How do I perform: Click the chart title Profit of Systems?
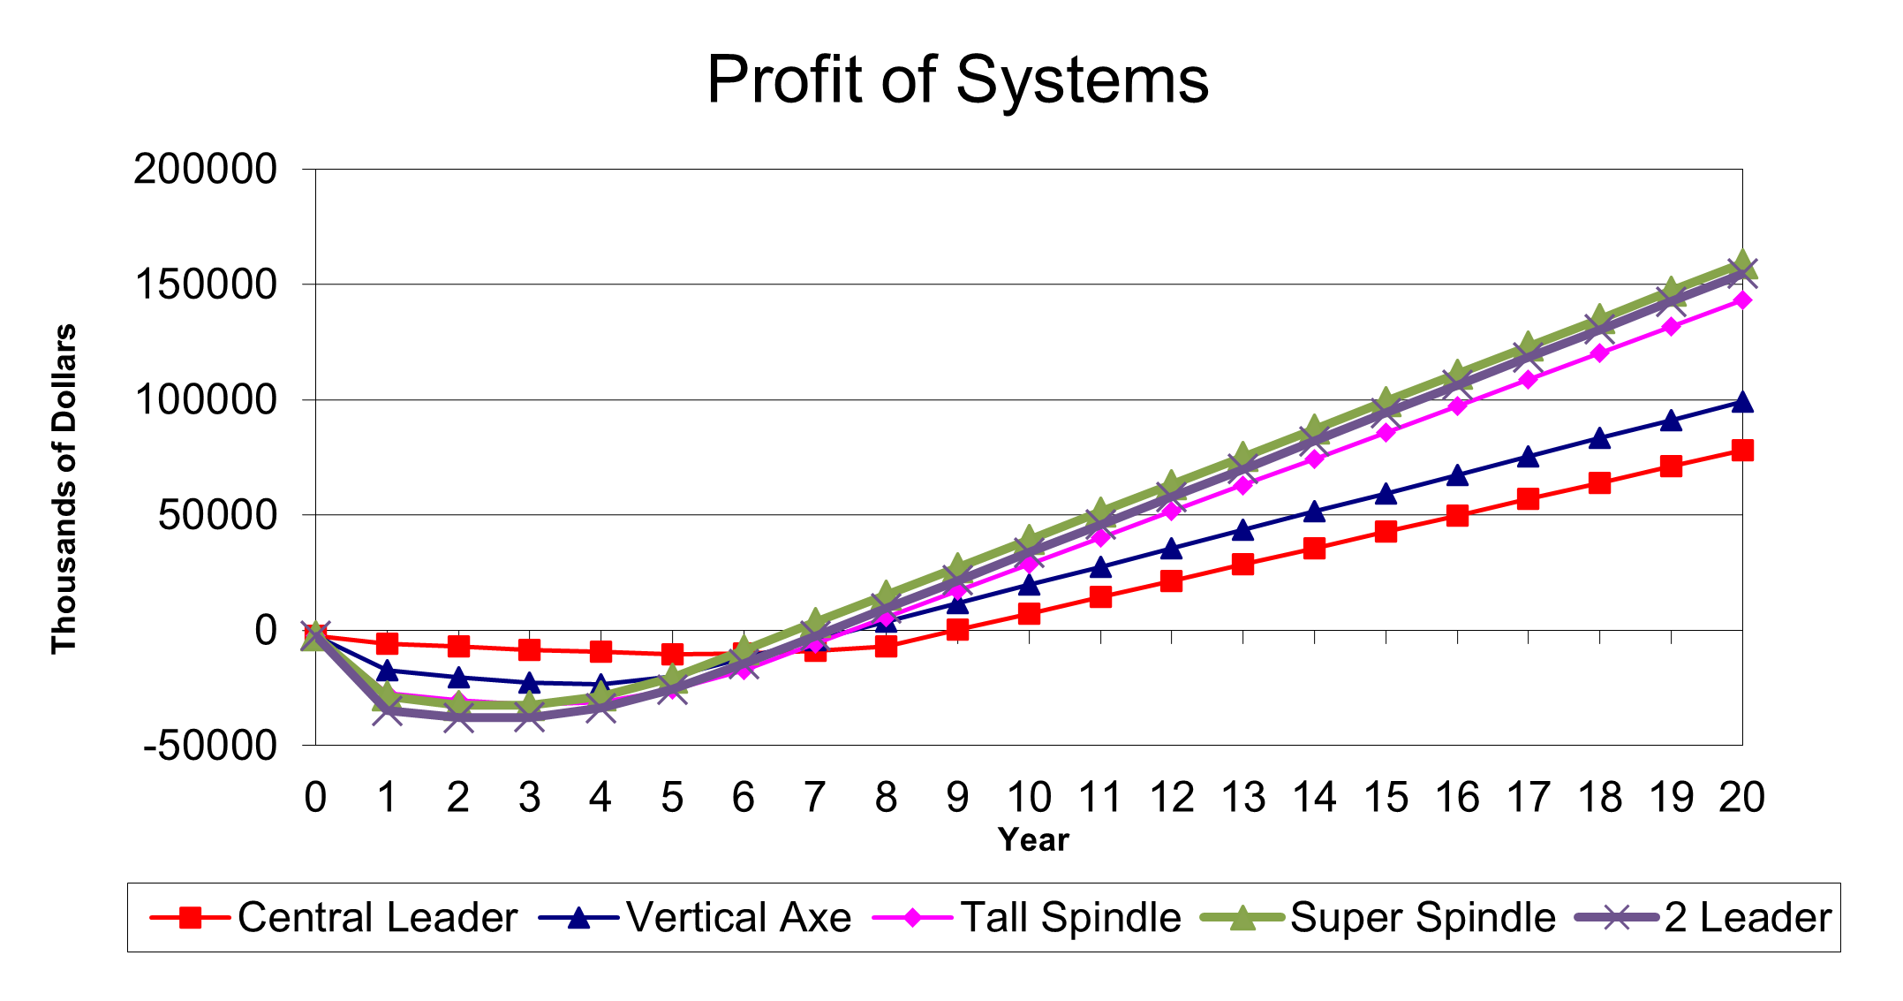click(957, 80)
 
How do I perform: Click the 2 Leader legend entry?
click(1704, 918)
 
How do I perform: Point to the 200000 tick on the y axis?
click(205, 169)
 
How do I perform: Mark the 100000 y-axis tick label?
click(205, 399)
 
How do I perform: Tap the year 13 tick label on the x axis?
click(1242, 798)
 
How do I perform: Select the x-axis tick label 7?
click(814, 798)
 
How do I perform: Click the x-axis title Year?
click(1033, 839)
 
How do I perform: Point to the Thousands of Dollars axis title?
click(64, 489)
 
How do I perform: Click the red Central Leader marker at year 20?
click(1742, 451)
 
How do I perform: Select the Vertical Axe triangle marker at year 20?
click(1742, 403)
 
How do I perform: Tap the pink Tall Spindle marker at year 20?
click(1742, 300)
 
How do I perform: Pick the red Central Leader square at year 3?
click(529, 650)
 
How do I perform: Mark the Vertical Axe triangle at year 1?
click(387, 671)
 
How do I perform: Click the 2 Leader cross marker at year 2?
click(457, 717)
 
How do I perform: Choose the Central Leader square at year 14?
click(1314, 549)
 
